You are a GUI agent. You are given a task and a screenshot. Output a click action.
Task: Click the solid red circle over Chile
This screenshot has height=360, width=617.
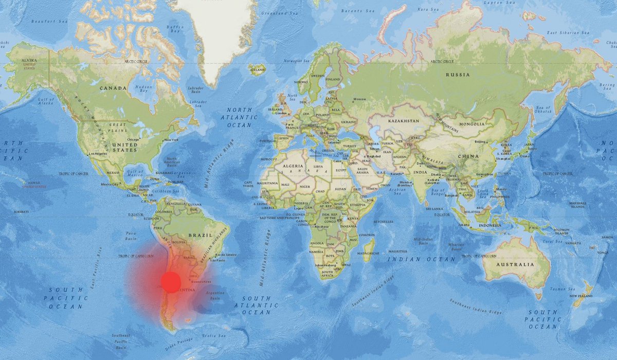coord(171,282)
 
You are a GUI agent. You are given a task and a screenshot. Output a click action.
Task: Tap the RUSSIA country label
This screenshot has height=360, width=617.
coord(458,75)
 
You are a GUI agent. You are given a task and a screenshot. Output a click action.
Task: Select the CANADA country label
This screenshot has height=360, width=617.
coord(113,88)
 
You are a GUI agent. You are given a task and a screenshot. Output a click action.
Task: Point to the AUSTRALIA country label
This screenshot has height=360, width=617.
coord(515,264)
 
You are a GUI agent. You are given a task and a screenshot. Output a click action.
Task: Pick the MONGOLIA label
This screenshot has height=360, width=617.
coord(472,124)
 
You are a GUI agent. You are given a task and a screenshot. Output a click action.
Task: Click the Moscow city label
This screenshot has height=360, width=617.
coord(359,99)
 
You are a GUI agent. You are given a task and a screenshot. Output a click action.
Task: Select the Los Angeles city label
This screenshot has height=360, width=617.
coord(98,154)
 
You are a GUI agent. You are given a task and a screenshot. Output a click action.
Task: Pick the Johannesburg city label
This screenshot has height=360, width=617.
coord(321,266)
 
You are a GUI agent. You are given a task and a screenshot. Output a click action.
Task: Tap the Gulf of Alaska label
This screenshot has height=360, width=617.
coord(46,101)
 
